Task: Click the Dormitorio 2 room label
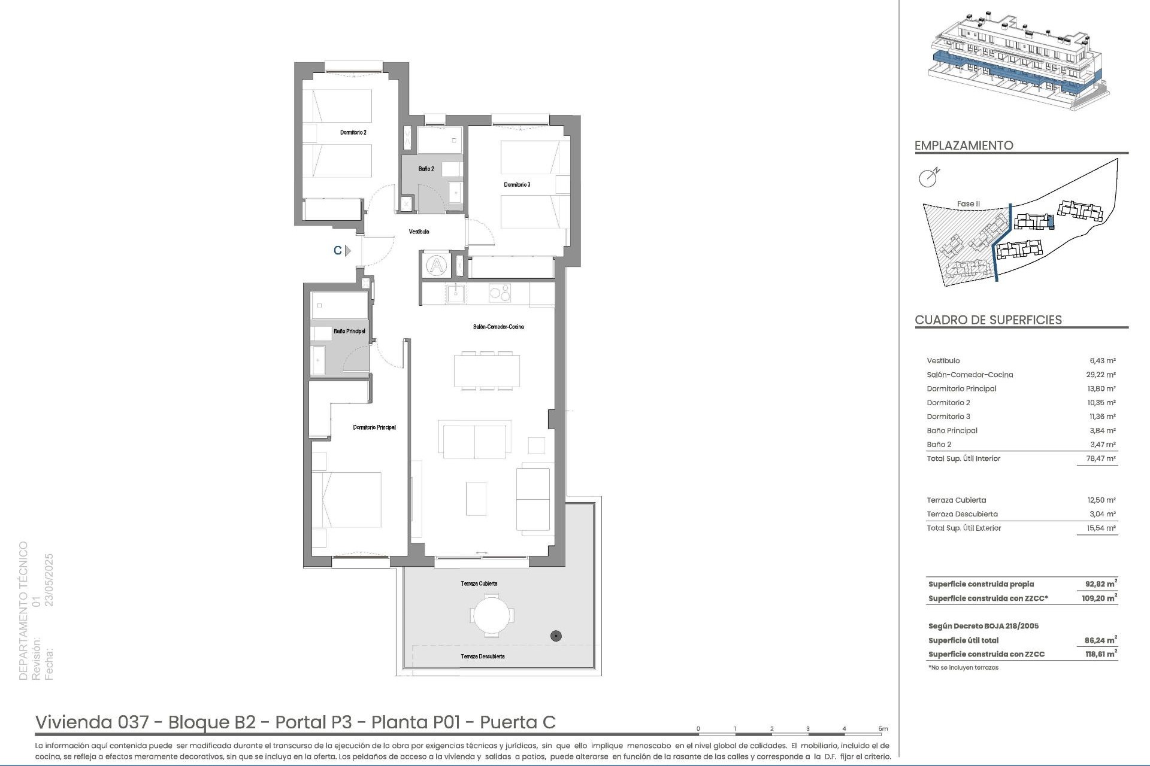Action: [x=353, y=132]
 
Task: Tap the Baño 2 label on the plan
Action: [x=426, y=169]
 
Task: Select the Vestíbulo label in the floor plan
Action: [x=419, y=232]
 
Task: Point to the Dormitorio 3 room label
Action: [x=517, y=185]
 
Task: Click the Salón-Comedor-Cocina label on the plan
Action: [x=498, y=327]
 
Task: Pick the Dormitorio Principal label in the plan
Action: [x=374, y=427]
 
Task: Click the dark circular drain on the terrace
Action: [x=556, y=636]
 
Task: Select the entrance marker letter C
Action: [x=338, y=251]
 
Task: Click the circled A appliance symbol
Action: [x=437, y=265]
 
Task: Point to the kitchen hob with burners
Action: [x=500, y=293]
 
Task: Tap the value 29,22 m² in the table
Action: [x=1102, y=375]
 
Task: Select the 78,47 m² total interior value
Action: [x=1102, y=458]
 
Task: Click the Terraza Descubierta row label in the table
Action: [x=962, y=514]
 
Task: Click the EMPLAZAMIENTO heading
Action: [x=964, y=145]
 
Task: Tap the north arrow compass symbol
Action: [x=929, y=177]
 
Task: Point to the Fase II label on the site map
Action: [x=969, y=204]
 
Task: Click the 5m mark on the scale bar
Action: [x=883, y=729]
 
